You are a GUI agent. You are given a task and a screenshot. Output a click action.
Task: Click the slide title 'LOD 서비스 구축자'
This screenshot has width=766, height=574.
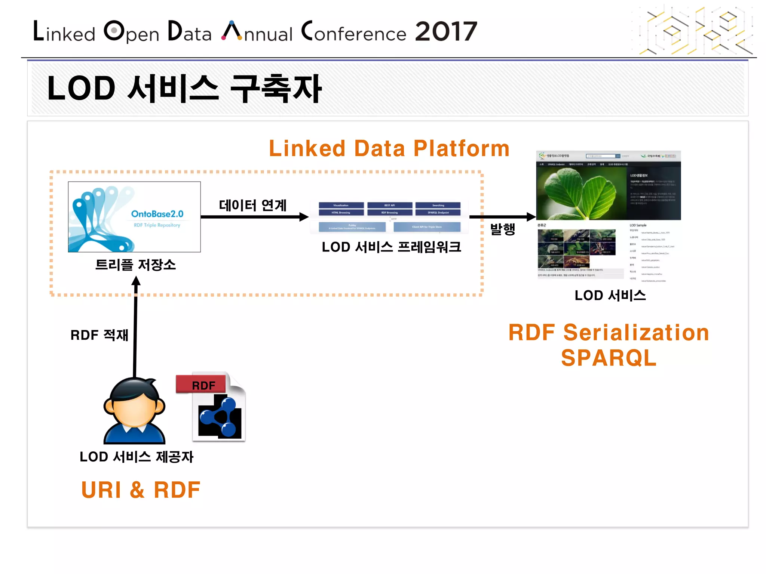tap(184, 89)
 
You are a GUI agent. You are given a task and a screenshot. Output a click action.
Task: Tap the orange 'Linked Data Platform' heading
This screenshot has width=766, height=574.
tap(389, 148)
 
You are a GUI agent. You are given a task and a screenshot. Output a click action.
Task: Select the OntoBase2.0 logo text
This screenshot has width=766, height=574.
tap(157, 214)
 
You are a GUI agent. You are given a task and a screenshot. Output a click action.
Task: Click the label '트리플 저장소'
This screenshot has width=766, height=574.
tap(135, 265)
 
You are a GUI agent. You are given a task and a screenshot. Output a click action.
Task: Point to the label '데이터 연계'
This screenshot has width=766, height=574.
tap(253, 205)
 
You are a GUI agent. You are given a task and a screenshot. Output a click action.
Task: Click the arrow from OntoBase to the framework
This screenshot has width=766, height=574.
tap(254, 217)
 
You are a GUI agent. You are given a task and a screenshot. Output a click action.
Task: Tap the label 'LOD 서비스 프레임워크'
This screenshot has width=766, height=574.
tap(391, 247)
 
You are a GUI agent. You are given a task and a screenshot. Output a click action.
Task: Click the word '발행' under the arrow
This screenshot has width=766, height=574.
tap(503, 229)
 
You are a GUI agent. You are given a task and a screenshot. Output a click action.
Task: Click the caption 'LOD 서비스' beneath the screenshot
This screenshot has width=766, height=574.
tap(610, 295)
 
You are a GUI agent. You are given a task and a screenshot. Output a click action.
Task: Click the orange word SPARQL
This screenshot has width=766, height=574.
tap(609, 358)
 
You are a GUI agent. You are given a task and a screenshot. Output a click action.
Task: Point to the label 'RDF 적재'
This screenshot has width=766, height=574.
tap(99, 335)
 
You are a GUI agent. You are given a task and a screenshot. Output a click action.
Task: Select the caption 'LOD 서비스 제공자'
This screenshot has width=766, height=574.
tap(137, 457)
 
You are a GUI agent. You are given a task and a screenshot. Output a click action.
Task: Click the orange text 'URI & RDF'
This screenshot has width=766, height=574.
tap(141, 490)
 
